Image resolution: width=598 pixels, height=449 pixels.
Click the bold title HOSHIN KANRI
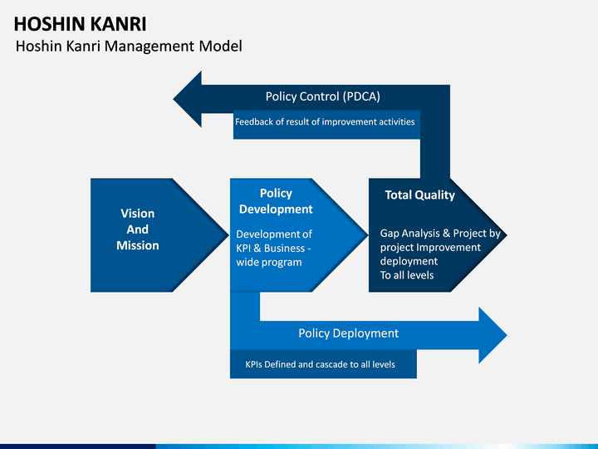pos(80,24)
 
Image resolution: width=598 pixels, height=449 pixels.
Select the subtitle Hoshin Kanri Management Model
pos(129,47)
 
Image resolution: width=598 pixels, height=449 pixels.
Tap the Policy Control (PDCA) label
pos(322,96)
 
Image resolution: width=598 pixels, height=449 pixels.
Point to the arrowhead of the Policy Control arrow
pos(188,99)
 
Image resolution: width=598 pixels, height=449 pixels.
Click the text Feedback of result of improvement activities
pos(325,121)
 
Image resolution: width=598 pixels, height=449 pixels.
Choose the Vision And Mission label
pos(138,229)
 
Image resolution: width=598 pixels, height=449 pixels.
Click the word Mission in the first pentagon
pos(138,245)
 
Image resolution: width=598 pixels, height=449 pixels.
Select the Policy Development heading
pos(276,201)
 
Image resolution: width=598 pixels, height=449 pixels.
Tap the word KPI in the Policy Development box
pos(243,248)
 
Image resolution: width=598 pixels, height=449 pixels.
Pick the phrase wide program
pos(269,262)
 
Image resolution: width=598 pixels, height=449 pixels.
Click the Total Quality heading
pos(420,195)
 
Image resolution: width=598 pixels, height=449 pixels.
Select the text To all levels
pos(407,275)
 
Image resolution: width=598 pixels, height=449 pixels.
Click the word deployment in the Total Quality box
pos(409,262)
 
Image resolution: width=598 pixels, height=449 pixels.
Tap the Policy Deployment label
pos(349,333)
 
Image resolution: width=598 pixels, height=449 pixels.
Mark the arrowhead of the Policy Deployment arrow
pos(493,335)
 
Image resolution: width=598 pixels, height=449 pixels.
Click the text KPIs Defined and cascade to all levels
pos(320,365)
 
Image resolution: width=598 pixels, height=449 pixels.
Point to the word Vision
pos(138,214)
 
